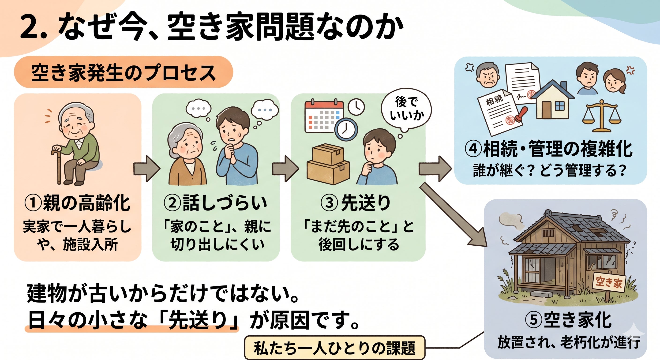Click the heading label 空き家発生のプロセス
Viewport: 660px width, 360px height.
(123, 73)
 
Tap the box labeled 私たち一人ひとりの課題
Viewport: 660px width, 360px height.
(334, 348)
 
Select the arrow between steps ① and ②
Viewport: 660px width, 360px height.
(146, 169)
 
